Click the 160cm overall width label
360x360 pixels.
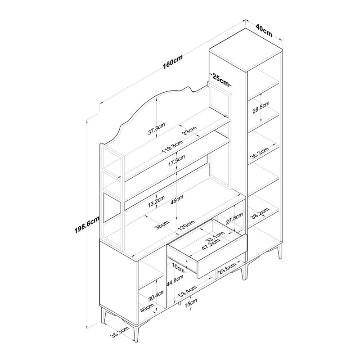(x=173, y=62)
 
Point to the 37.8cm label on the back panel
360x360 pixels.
(x=157, y=129)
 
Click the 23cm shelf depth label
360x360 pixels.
(x=189, y=130)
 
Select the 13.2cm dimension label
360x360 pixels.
(x=156, y=201)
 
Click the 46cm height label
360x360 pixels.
(x=177, y=200)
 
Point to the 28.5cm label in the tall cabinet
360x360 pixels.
(x=261, y=108)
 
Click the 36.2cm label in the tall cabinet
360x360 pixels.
(x=260, y=153)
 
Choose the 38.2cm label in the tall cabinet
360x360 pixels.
(x=260, y=214)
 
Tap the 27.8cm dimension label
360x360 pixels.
(x=234, y=218)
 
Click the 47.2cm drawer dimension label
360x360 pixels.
(x=211, y=244)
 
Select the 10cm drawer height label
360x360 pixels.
(x=179, y=268)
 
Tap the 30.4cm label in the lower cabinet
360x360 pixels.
(x=156, y=296)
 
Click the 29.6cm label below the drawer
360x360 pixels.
(x=227, y=268)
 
